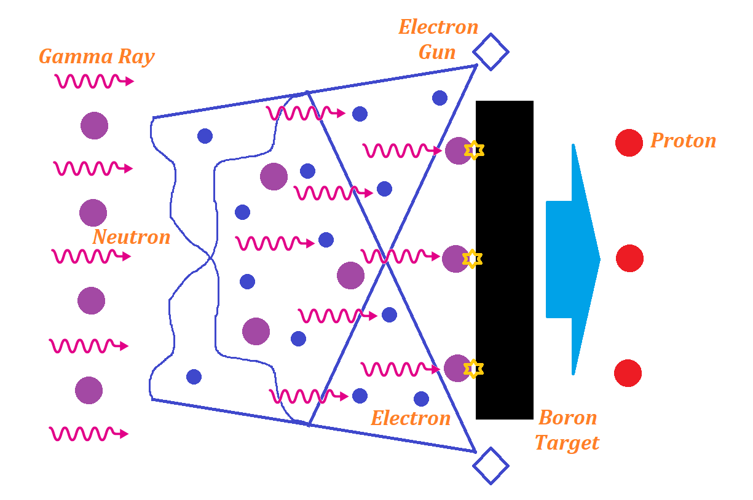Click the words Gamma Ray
(x=97, y=57)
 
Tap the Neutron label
(x=132, y=237)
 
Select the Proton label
(x=683, y=141)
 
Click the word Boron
(x=568, y=418)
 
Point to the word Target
(x=567, y=442)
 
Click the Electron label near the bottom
(x=411, y=419)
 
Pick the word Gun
(x=437, y=52)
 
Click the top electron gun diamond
(x=491, y=52)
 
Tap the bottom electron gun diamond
(x=491, y=466)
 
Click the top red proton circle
(x=629, y=143)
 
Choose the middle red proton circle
(x=629, y=258)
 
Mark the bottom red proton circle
(x=628, y=373)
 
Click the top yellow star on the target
(x=474, y=150)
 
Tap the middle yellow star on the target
(x=472, y=259)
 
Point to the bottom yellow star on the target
(x=473, y=368)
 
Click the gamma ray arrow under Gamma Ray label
(x=94, y=81)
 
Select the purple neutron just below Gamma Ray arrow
(x=94, y=125)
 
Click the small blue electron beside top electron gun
(x=440, y=98)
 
